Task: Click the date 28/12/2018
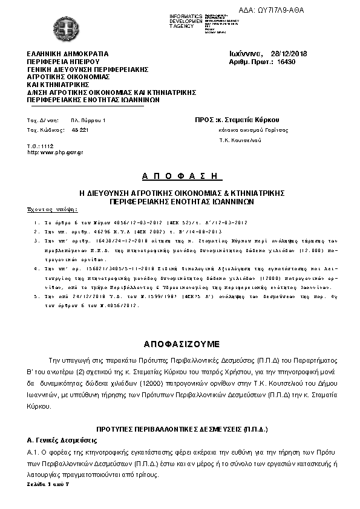click(289, 54)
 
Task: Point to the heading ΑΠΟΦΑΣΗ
click(179, 176)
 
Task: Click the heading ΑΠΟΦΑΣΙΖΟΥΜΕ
click(179, 343)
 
